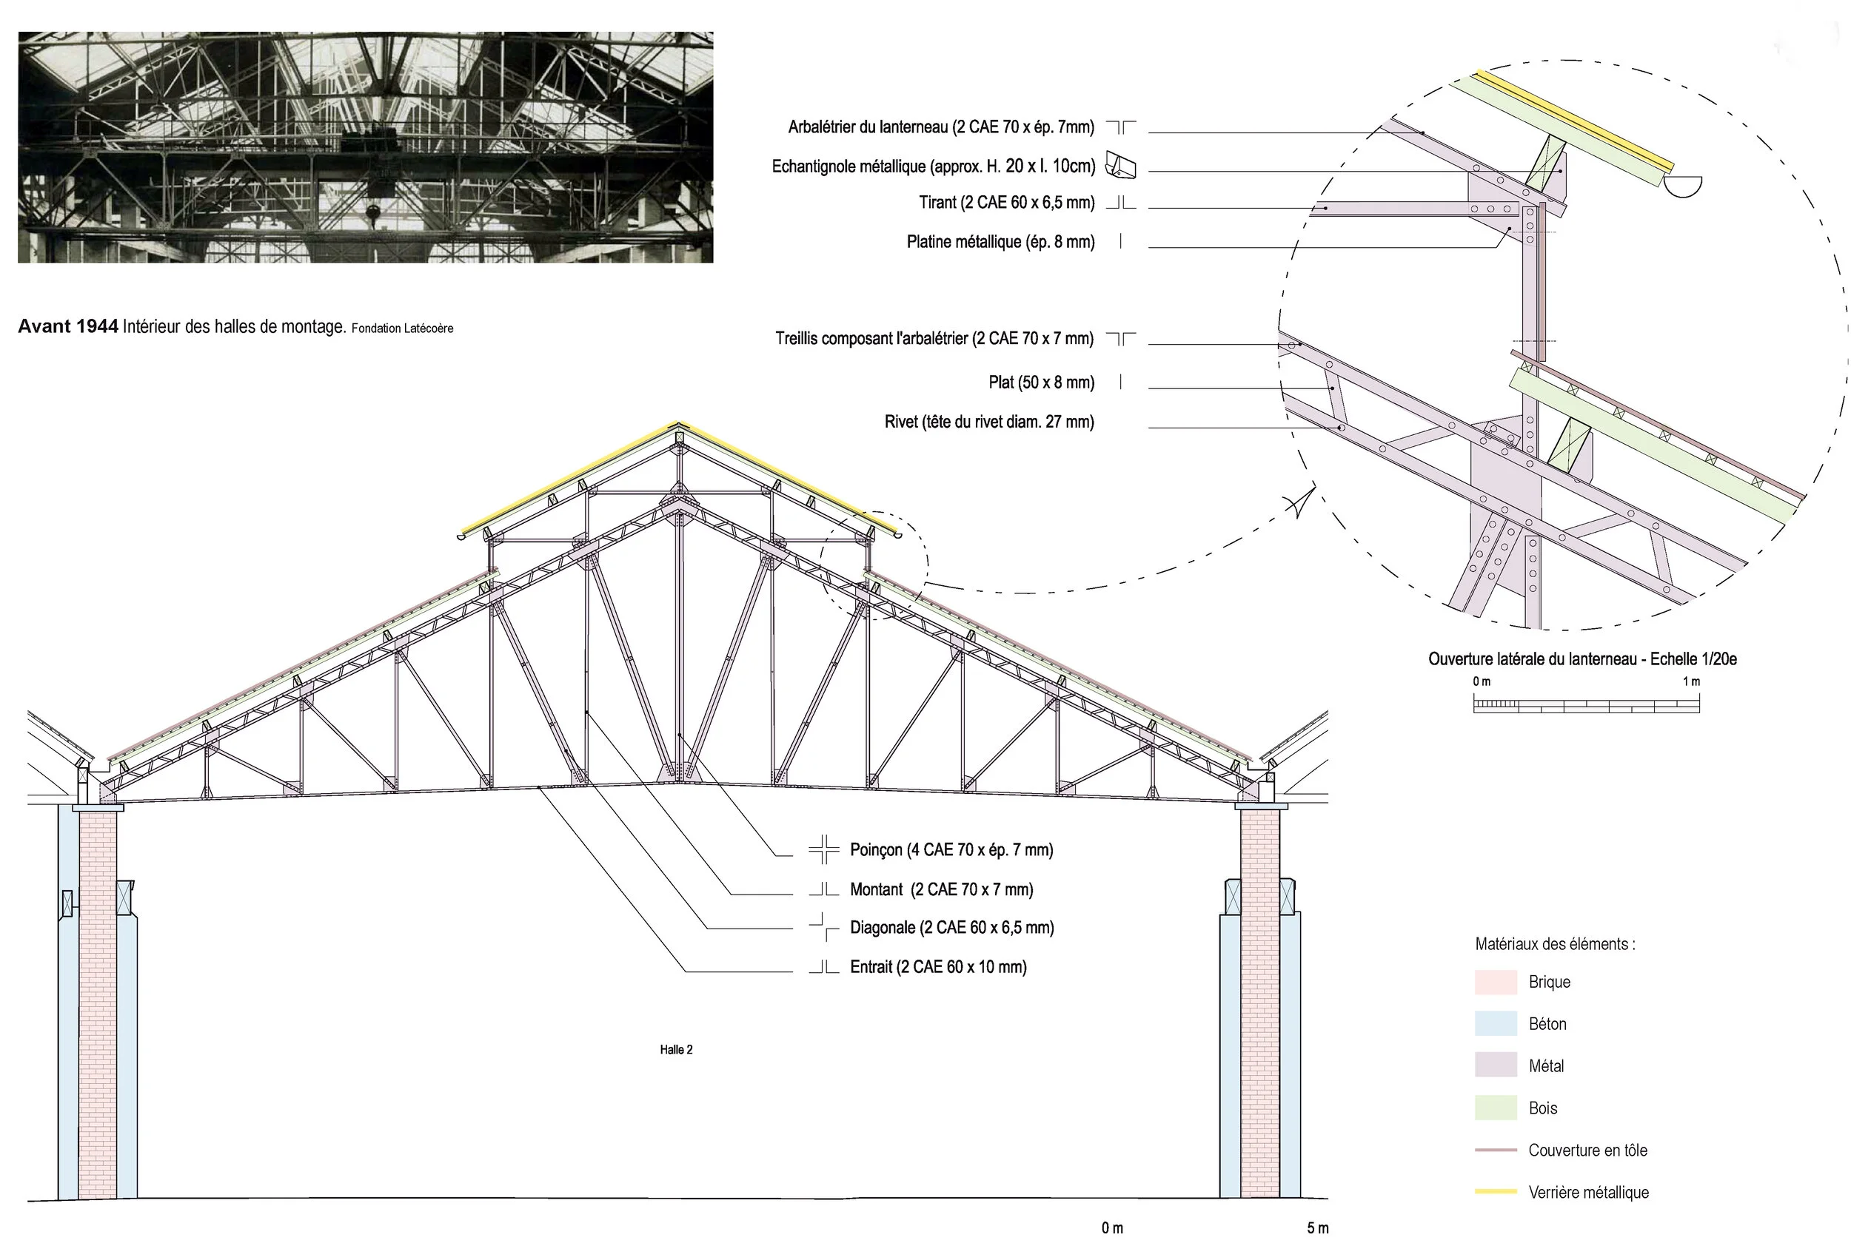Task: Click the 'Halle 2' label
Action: click(676, 1050)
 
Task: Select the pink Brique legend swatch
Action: click(1495, 983)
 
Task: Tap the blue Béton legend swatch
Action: click(1495, 1023)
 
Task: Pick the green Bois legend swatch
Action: click(1495, 1108)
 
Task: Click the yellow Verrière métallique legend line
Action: click(1495, 1191)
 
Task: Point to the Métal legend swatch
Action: click(1495, 1065)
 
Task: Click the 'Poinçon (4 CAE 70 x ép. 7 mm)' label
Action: click(951, 850)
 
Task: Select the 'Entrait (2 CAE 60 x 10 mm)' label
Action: click(937, 967)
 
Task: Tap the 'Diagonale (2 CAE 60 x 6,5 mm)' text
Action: click(951, 928)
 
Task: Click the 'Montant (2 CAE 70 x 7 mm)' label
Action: click(941, 889)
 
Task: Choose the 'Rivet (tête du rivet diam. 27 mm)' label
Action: click(989, 422)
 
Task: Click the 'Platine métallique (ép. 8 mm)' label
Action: click(1000, 242)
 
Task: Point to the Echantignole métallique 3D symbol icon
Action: click(1120, 166)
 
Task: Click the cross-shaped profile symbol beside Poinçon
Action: click(824, 849)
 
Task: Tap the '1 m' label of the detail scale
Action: click(1691, 681)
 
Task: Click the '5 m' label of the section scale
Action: click(1317, 1228)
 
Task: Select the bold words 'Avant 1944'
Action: click(68, 326)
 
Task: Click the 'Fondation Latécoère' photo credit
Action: click(402, 329)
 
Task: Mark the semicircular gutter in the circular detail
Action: click(1682, 187)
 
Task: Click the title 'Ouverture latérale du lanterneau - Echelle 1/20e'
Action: click(1582, 658)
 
